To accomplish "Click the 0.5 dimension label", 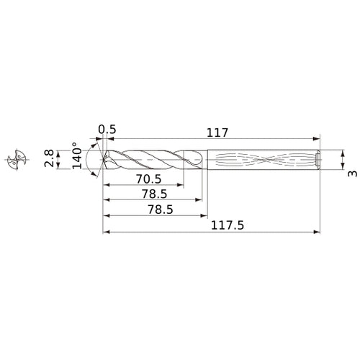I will (x=107, y=130).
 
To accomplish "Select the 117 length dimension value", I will (x=216, y=132).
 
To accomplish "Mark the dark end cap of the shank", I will (x=318, y=159).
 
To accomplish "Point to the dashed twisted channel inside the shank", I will (x=259, y=159).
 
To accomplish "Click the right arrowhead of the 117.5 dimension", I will (x=316, y=232).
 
